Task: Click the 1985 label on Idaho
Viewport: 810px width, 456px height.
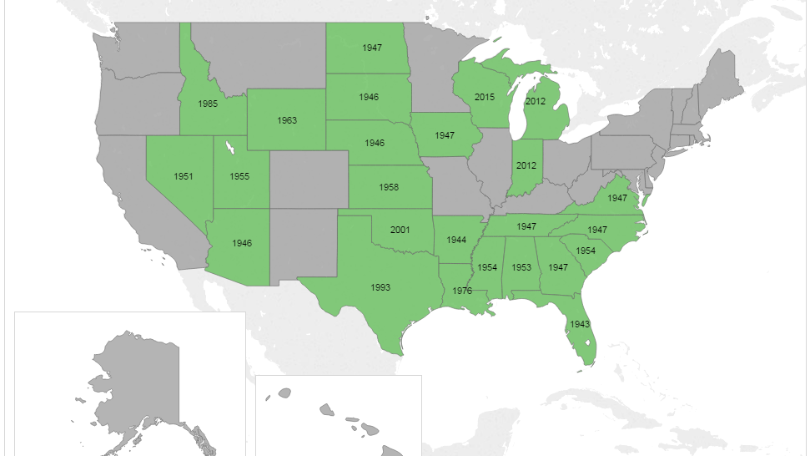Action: (209, 104)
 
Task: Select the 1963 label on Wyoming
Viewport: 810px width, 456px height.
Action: (287, 120)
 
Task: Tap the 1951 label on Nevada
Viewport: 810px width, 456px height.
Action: (184, 176)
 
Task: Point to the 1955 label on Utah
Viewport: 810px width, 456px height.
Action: (239, 176)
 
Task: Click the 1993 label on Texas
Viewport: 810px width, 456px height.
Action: (380, 287)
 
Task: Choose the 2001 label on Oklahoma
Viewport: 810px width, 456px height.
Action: (400, 229)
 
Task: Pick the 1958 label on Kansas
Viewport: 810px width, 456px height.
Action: (389, 187)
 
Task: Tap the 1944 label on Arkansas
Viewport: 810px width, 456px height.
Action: (456, 240)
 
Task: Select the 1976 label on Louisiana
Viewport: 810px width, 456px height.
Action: (462, 291)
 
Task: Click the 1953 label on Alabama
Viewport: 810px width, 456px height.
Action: (522, 267)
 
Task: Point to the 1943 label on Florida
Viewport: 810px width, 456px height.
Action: (581, 323)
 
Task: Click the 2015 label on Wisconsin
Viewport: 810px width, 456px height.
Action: (485, 97)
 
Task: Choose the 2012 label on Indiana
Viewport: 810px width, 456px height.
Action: (526, 165)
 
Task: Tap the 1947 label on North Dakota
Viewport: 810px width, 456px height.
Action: (372, 48)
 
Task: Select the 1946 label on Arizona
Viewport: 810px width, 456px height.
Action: (242, 243)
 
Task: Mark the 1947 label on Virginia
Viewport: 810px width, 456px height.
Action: (617, 198)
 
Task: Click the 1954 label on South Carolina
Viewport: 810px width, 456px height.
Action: (586, 251)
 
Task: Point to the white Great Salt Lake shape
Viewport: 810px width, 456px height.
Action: (227, 149)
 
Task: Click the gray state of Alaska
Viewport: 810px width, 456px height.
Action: (133, 384)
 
